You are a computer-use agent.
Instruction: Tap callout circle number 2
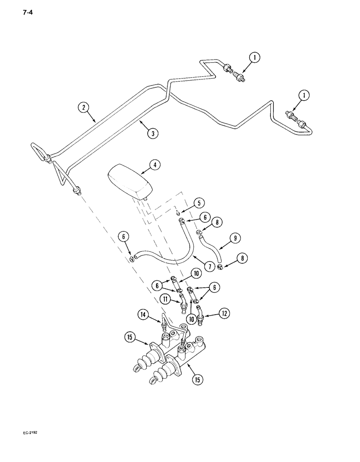point(84,107)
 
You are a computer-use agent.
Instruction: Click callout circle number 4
point(155,164)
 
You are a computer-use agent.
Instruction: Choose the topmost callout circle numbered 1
point(254,58)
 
